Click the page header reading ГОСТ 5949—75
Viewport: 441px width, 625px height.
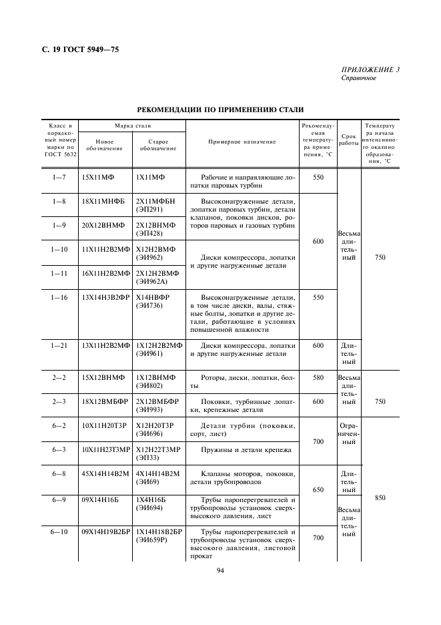click(83, 49)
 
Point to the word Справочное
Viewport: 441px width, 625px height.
click(359, 77)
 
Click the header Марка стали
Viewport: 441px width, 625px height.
click(132, 126)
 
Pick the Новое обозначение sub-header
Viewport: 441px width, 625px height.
click(105, 145)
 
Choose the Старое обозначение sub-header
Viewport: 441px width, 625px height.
click(158, 145)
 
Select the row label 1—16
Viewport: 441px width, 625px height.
click(59, 297)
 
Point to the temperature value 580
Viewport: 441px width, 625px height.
click(318, 377)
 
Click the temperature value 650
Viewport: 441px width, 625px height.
click(318, 489)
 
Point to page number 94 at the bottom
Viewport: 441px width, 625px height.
click(221, 570)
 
